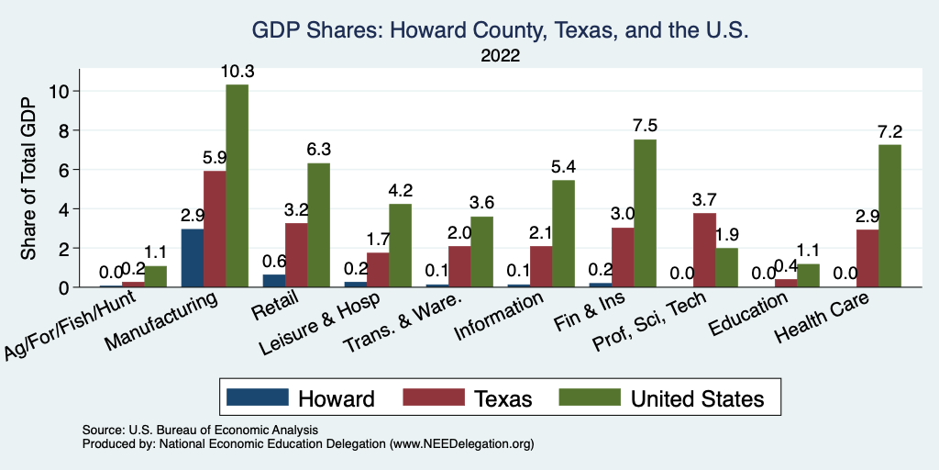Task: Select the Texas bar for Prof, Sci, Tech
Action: [x=704, y=250]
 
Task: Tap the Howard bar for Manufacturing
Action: [x=193, y=258]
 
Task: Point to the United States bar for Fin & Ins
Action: [x=646, y=213]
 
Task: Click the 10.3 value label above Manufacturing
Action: [x=238, y=72]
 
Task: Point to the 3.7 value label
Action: [x=704, y=201]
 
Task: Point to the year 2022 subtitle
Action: [x=501, y=56]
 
